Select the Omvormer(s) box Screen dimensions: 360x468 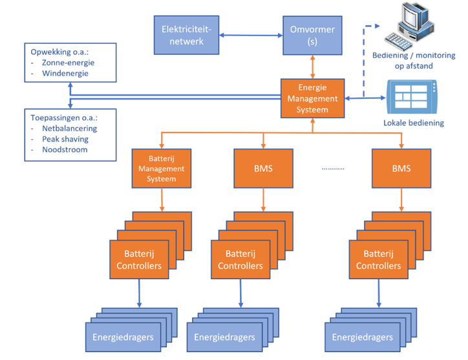click(x=312, y=34)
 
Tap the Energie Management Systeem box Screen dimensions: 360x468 click(x=312, y=98)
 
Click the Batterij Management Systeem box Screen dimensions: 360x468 click(x=161, y=169)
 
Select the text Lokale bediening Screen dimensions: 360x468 click(x=414, y=123)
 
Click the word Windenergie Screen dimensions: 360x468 click(x=65, y=74)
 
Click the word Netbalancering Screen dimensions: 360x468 click(x=69, y=129)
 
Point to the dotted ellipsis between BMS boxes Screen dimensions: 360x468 click(x=333, y=168)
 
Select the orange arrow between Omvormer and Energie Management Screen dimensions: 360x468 click(x=312, y=67)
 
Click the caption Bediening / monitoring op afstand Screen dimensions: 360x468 click(x=414, y=60)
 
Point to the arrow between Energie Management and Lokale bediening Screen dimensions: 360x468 click(x=365, y=98)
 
